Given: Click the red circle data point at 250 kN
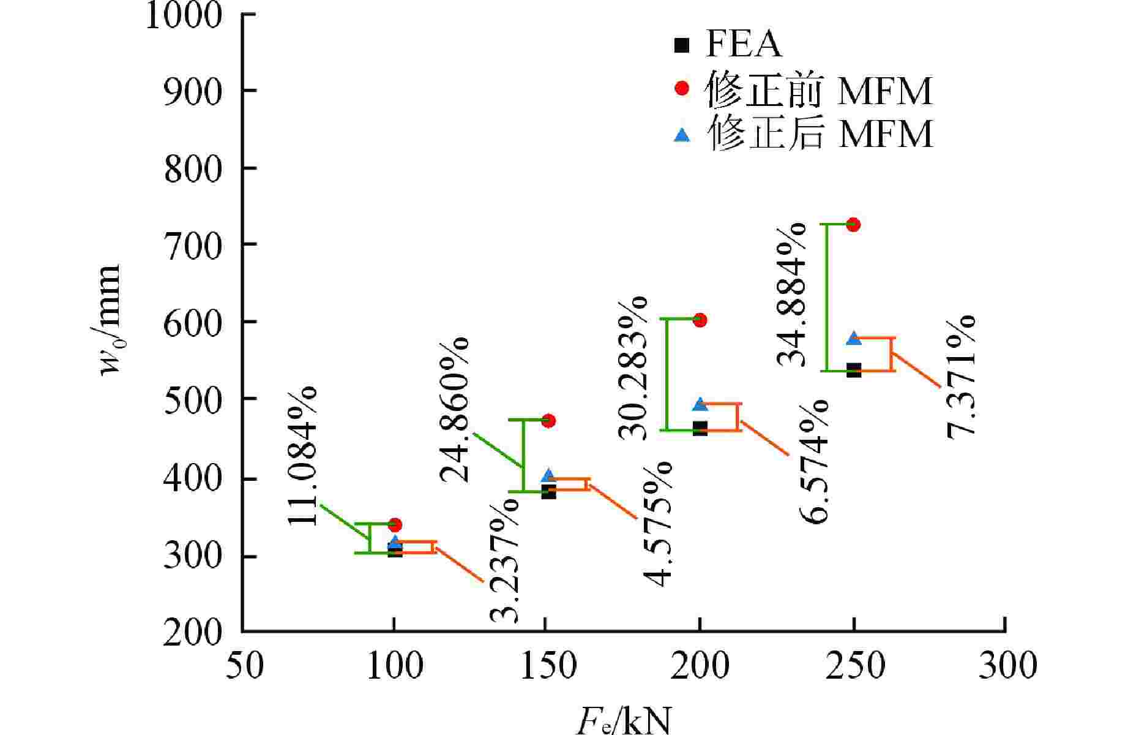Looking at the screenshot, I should click(x=853, y=225).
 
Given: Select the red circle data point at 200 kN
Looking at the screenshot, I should click(x=700, y=320).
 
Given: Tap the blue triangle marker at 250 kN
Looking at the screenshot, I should click(x=853, y=339).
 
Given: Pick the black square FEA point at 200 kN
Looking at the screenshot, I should click(x=700, y=428).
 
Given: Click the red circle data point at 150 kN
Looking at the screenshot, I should click(x=548, y=421).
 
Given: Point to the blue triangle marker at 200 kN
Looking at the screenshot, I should click(x=700, y=404).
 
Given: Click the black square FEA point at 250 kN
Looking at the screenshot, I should click(x=853, y=370).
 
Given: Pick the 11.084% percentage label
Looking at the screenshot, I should click(x=302, y=456).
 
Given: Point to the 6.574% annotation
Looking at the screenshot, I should click(x=814, y=461).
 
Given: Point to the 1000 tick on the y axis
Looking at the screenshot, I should click(x=184, y=15).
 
